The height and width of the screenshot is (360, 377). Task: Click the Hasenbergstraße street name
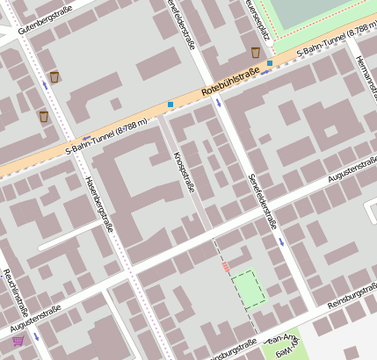coord(98,202)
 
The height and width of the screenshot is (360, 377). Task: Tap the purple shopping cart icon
coord(18,340)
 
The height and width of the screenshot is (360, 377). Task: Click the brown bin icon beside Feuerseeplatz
coord(256,53)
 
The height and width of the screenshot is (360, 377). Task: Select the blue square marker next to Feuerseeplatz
coord(270,63)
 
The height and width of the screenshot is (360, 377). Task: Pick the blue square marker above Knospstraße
coord(170,104)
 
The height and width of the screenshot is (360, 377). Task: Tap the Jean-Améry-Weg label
coord(283,344)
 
